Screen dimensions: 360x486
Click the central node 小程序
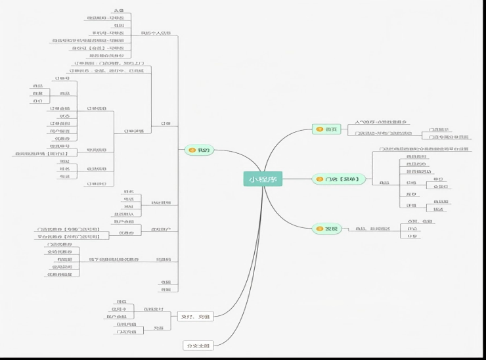(263, 179)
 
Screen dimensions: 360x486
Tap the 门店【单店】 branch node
(338, 179)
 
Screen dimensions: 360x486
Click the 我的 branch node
(199, 150)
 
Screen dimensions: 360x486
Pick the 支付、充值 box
(195, 317)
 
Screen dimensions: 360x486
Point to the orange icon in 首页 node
(319, 129)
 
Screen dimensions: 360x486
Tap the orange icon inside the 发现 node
(319, 229)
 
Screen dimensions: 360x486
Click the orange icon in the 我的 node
(192, 150)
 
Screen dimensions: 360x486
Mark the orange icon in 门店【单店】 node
(320, 179)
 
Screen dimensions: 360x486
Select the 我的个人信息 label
(156, 32)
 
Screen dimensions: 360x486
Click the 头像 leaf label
(119, 11)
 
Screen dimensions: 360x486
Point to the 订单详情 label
(133, 131)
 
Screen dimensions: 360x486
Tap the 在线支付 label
(153, 308)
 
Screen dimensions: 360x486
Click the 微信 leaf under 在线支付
(121, 301)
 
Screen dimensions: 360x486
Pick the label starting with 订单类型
(109, 63)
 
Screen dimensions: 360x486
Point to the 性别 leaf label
(119, 26)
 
